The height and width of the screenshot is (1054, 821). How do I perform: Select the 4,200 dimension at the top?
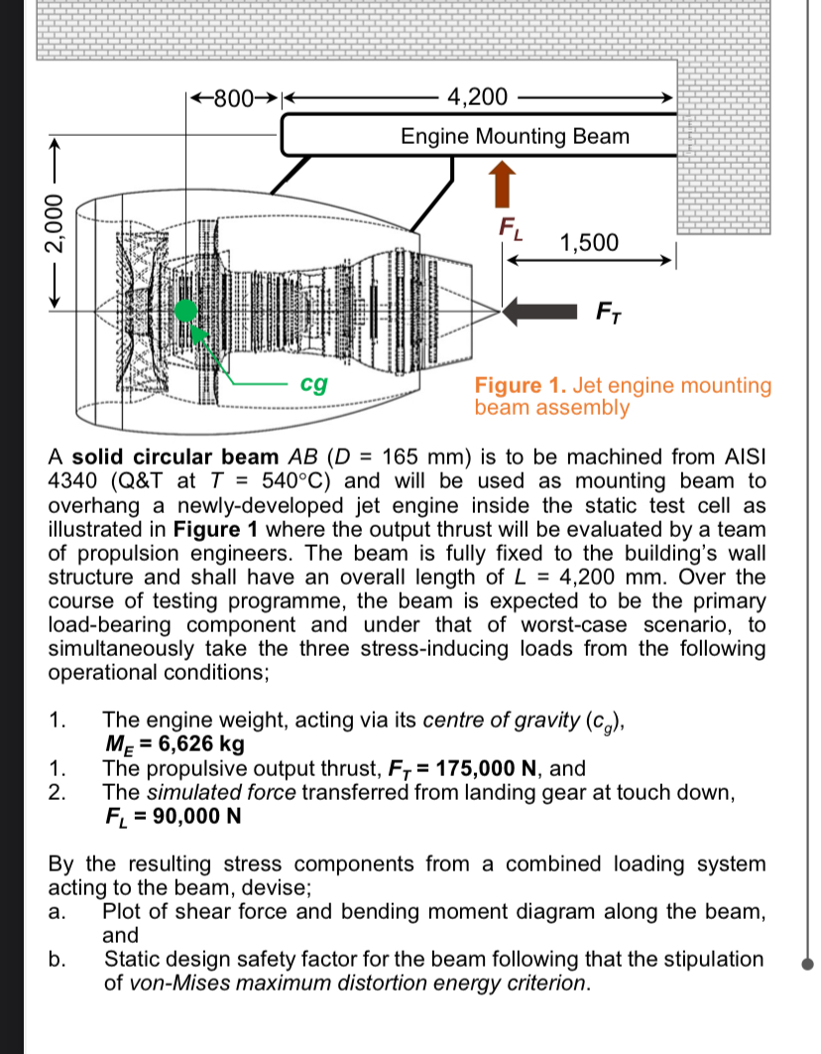point(477,97)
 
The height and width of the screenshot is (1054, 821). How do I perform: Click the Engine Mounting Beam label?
point(515,136)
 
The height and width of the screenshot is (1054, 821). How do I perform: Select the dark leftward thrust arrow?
point(540,313)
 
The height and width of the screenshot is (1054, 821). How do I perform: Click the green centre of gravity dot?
point(184,311)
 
